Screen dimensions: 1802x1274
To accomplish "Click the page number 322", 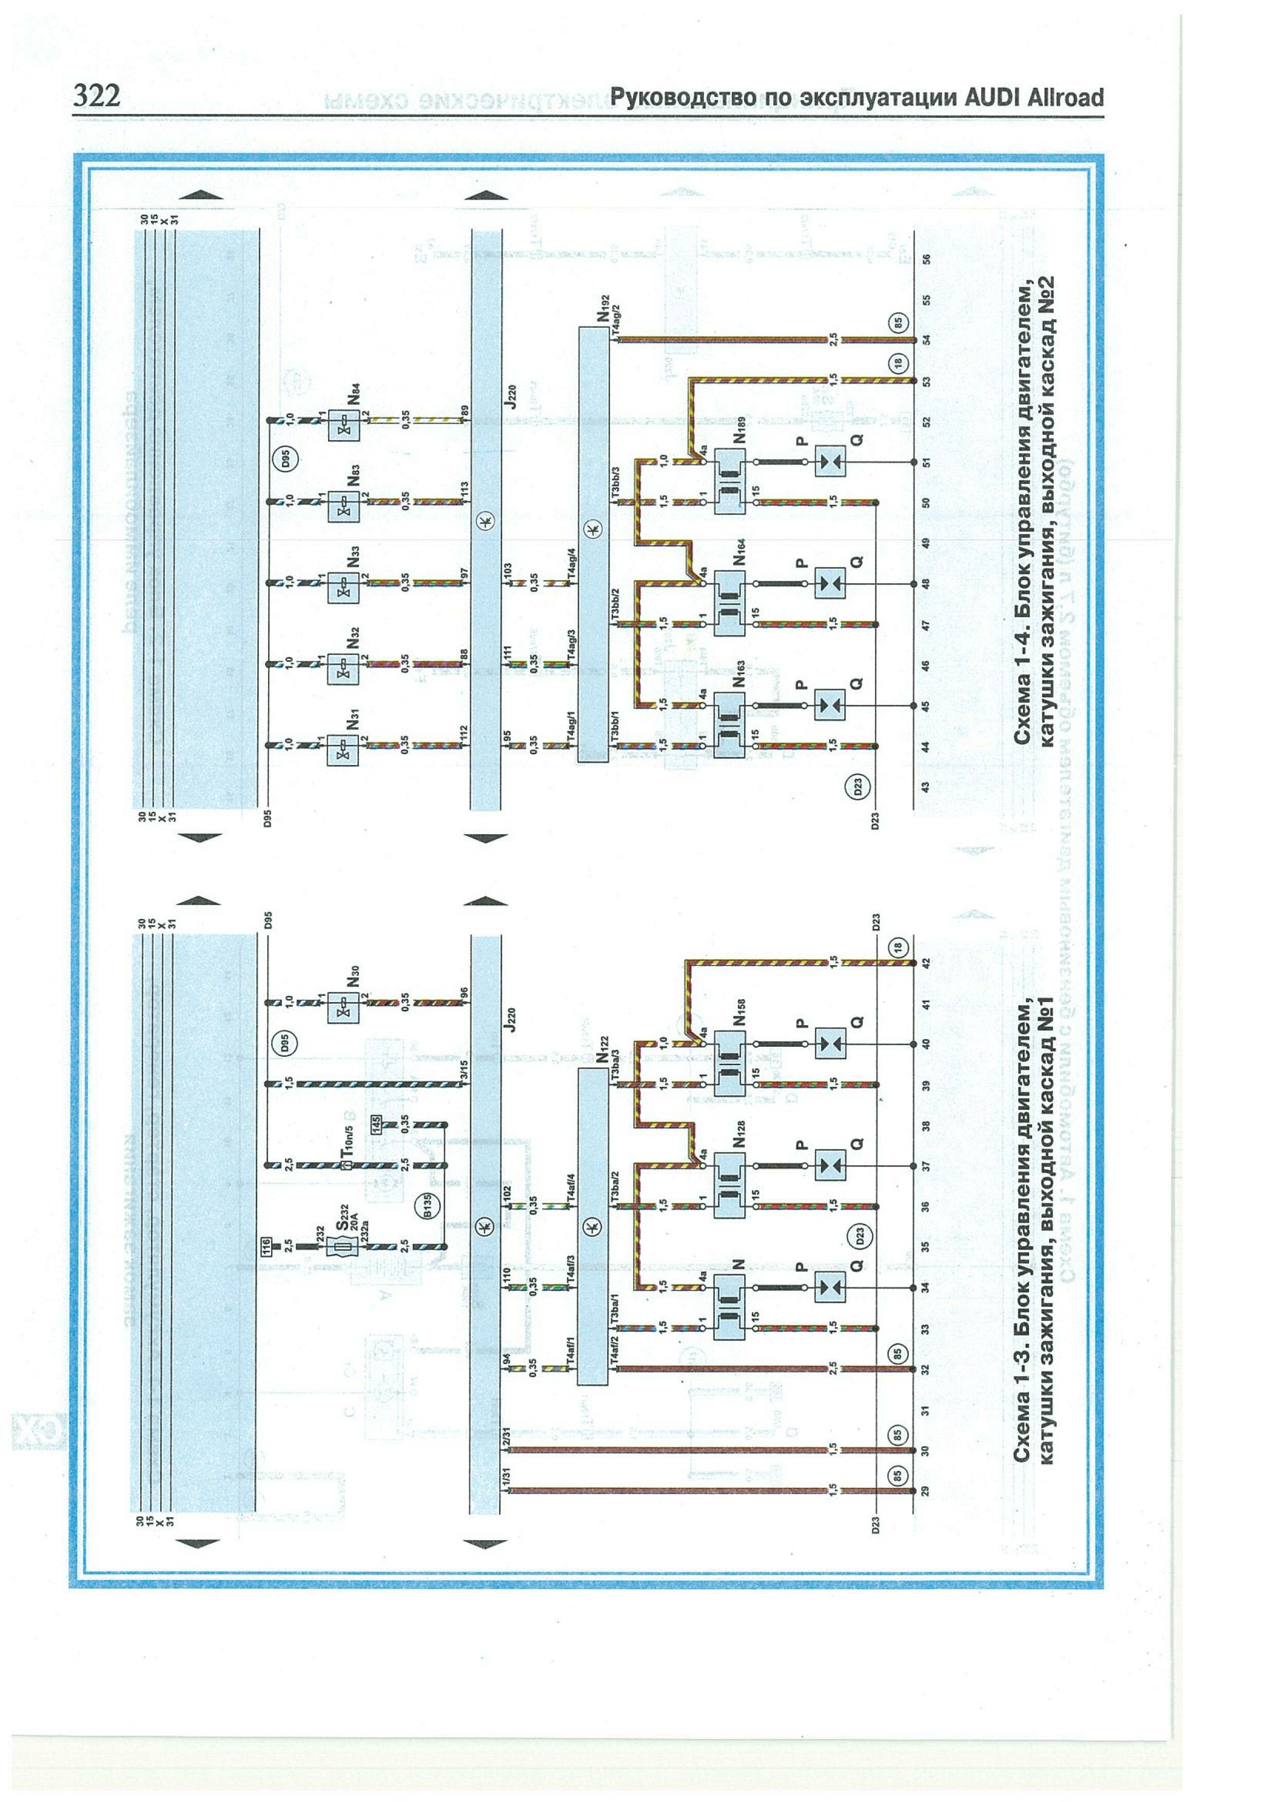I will pos(97,96).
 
